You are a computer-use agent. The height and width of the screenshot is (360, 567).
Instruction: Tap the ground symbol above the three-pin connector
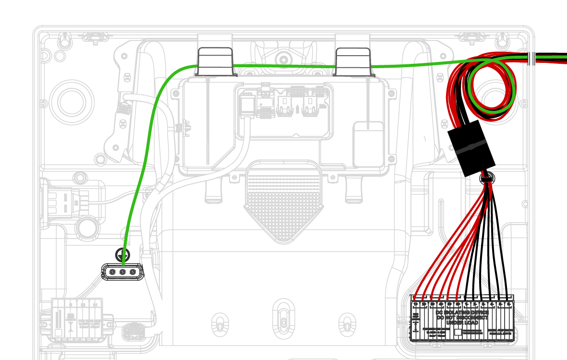123,254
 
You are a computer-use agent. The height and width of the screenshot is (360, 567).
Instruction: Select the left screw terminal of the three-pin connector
112,272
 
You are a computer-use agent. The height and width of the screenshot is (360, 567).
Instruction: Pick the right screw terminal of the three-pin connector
133,272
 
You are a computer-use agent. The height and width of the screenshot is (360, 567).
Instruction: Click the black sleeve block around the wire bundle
471,147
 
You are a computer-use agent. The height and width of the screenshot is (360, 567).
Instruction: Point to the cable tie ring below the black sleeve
487,180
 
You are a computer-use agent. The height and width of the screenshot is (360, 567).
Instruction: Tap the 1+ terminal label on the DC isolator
415,304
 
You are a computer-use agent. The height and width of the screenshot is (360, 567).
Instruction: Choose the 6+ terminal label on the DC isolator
458,304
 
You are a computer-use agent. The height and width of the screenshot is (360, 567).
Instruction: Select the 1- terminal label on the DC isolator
467,304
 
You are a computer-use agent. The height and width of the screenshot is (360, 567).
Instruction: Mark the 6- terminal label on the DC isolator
508,304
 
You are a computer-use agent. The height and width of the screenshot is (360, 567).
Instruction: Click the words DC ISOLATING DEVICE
462,312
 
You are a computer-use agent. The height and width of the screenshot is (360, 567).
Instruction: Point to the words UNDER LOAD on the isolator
462,323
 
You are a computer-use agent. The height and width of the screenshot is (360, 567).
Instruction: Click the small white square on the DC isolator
458,332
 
